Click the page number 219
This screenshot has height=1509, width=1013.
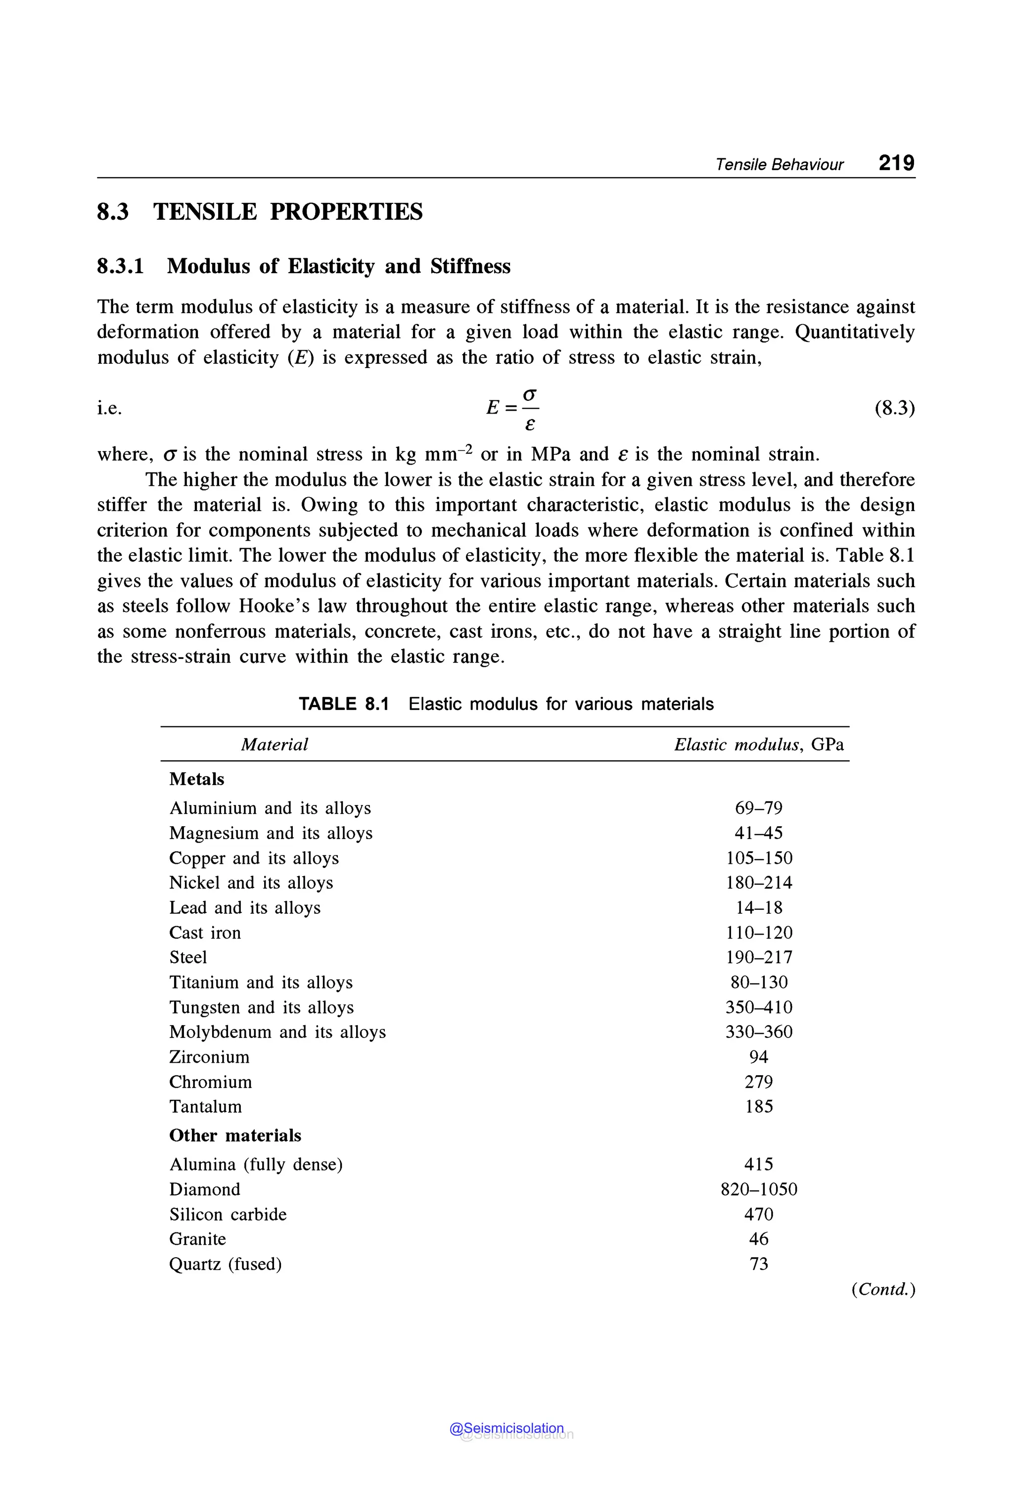coord(896,163)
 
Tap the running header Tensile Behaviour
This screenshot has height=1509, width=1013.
coord(779,165)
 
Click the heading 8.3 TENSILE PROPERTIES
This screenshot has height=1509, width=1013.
coord(260,212)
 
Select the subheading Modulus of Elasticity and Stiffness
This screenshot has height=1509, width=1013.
coord(338,266)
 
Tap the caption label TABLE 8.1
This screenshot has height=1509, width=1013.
coord(344,704)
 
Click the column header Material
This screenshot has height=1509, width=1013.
coord(274,745)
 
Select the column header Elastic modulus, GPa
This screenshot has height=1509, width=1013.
coord(758,745)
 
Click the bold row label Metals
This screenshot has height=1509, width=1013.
coord(196,779)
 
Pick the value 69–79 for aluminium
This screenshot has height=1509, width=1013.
coord(758,808)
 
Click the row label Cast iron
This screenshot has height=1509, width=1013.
coord(205,933)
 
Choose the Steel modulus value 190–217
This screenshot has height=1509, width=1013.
coord(758,957)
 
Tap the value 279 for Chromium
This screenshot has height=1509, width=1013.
coord(758,1082)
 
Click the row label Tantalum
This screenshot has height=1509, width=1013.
coord(205,1106)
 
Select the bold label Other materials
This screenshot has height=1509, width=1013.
coord(235,1135)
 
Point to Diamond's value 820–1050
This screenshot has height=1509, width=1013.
coord(758,1189)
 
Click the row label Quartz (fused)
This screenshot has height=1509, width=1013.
coord(226,1264)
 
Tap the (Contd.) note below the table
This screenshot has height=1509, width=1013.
coord(883,1289)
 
